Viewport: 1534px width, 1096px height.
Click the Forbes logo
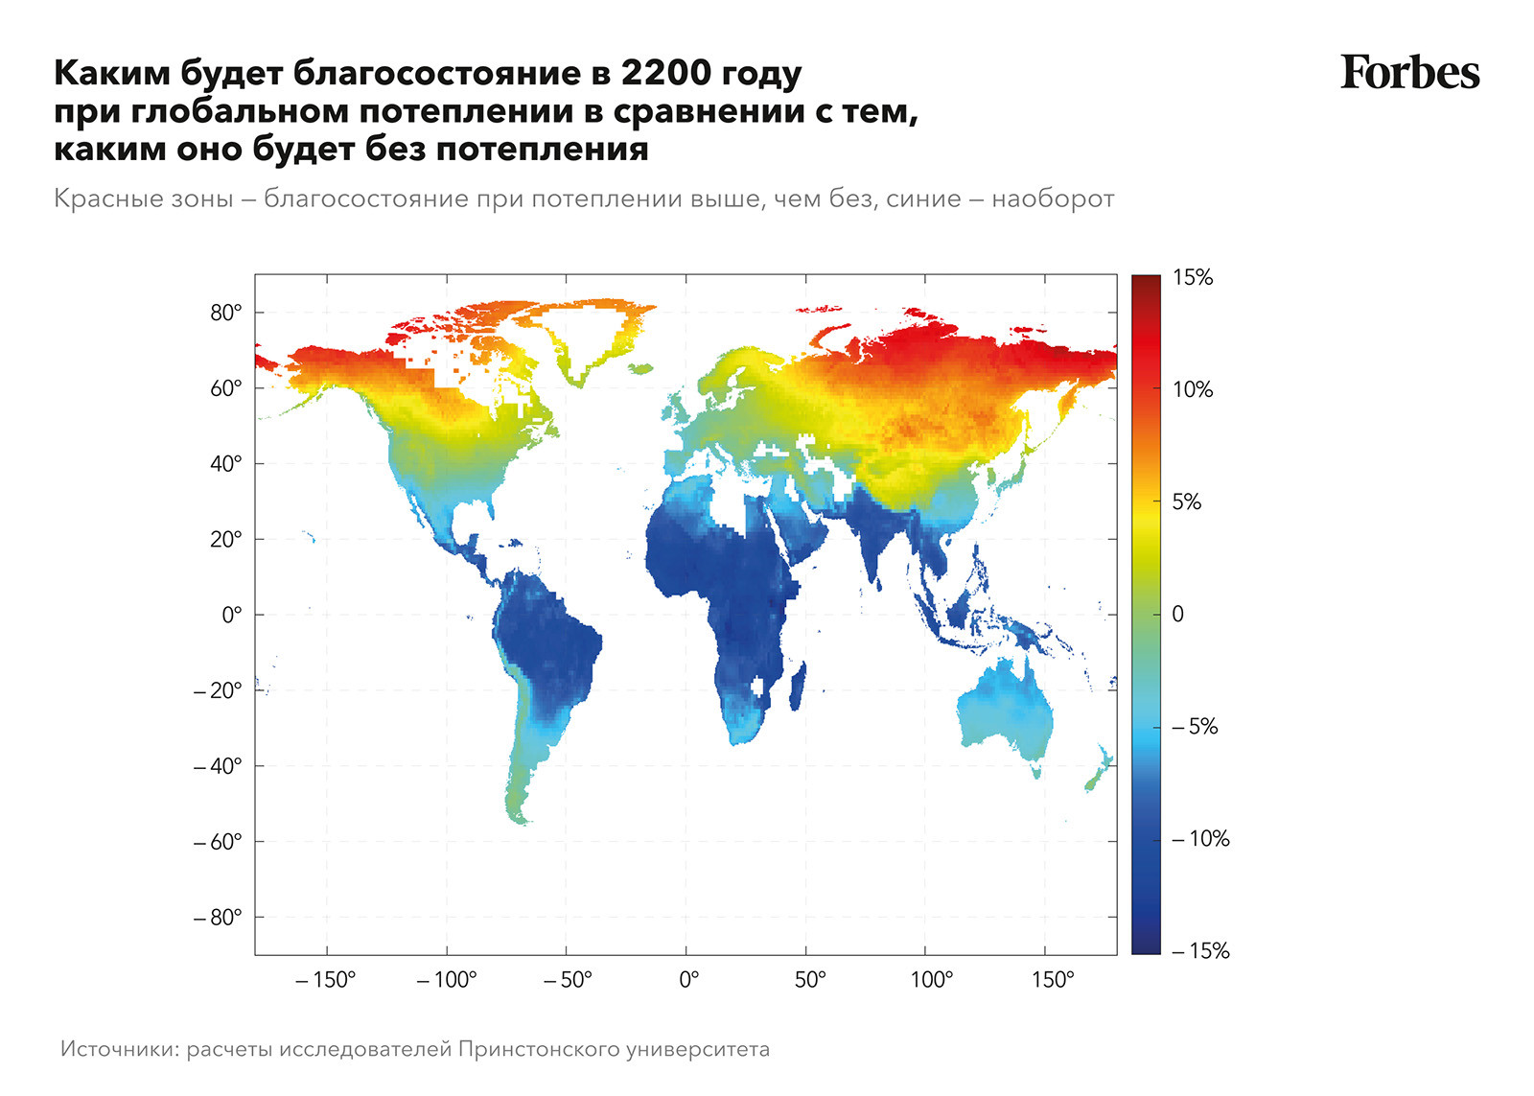[1409, 73]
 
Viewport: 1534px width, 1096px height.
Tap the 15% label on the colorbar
[1193, 278]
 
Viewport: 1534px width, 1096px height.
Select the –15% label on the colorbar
[1200, 951]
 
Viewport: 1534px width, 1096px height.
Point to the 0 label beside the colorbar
[1178, 615]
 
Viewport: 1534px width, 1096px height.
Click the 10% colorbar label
[1193, 390]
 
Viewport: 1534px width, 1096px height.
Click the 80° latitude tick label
[226, 313]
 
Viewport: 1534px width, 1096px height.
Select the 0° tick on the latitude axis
[232, 615]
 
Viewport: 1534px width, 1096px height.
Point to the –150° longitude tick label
[325, 980]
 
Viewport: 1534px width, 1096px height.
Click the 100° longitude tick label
[932, 980]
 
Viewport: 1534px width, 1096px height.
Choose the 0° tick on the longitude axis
[689, 980]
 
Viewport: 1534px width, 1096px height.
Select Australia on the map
[1007, 710]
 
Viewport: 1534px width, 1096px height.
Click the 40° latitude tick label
[226, 464]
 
